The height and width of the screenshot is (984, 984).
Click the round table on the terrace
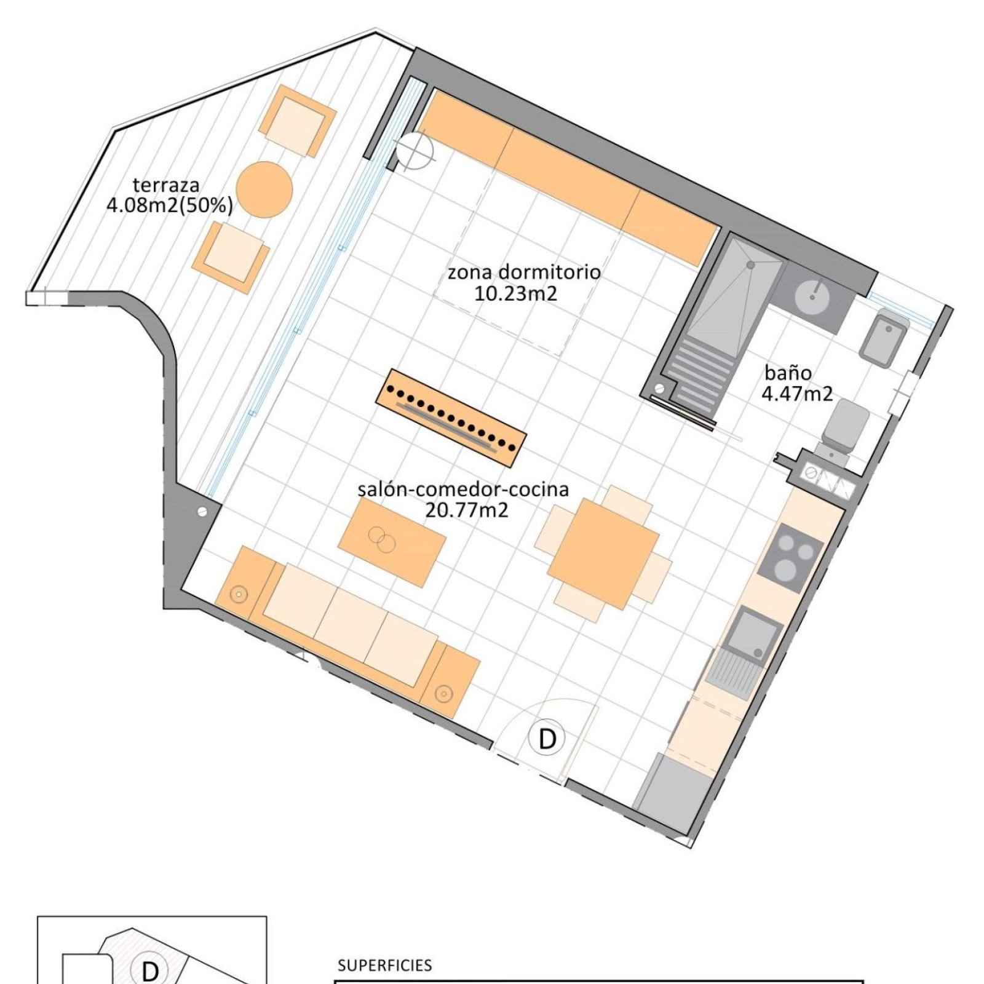pyautogui.click(x=264, y=189)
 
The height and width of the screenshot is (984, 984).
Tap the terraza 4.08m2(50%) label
pyautogui.click(x=170, y=195)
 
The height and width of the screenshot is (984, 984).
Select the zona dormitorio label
pyautogui.click(x=524, y=272)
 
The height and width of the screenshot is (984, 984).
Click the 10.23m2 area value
pyautogui.click(x=515, y=293)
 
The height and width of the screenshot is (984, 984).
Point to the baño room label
pyautogui.click(x=788, y=373)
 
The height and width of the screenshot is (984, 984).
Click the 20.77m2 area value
pyautogui.click(x=467, y=510)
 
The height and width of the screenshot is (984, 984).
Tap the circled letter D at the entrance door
pyautogui.click(x=547, y=738)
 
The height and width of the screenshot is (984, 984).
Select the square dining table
pyautogui.click(x=603, y=554)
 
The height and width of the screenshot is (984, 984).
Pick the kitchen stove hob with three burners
pyautogui.click(x=790, y=558)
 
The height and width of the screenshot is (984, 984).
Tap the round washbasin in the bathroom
pyautogui.click(x=812, y=296)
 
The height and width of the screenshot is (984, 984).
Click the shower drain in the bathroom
pyautogui.click(x=750, y=265)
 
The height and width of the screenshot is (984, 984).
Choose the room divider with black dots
pyautogui.click(x=451, y=418)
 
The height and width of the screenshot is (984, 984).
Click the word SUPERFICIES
pyautogui.click(x=385, y=965)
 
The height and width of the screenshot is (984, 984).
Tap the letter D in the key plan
pyautogui.click(x=150, y=972)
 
